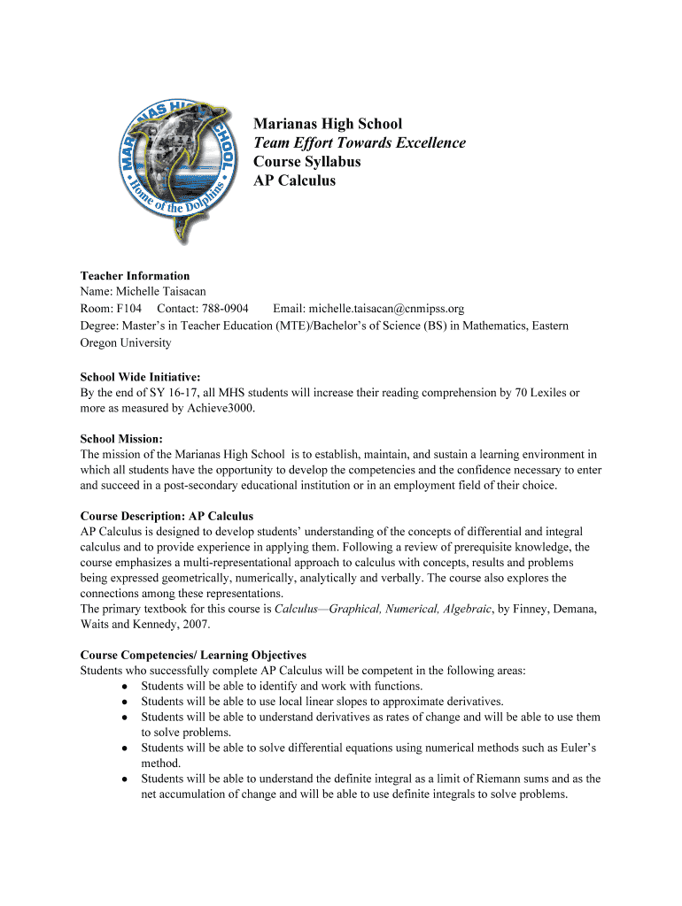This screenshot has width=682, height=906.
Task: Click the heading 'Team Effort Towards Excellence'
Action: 359,143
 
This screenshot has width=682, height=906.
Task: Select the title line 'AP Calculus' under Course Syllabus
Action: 294,180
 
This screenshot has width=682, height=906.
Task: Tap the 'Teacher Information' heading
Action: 135,276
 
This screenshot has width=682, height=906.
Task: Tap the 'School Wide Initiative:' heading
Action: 140,377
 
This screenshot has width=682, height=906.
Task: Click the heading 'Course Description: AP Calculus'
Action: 167,516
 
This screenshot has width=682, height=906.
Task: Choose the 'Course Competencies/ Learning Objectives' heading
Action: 193,656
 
